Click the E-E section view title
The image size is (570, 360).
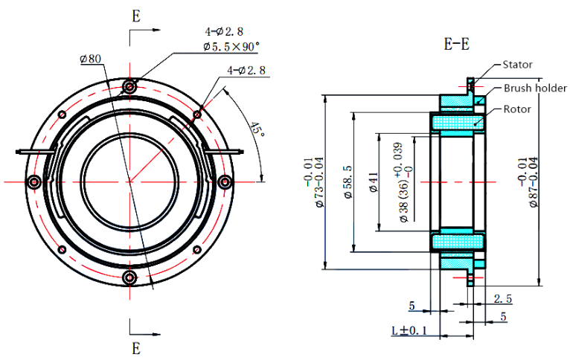456,44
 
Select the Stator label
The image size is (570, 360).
517,65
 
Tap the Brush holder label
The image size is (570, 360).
535,88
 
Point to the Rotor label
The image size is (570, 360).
517,109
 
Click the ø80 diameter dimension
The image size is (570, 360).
90,59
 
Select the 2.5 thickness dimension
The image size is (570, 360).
503,298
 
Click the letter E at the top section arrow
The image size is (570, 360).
135,15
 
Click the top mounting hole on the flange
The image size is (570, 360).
131,87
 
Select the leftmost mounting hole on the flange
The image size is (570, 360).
33,181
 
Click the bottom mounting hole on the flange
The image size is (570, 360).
131,277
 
